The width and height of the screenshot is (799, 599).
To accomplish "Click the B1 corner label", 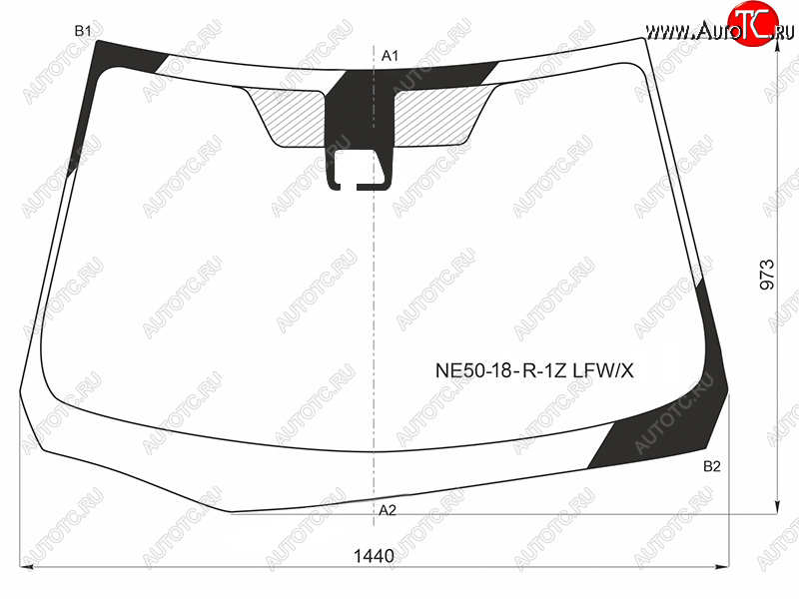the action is [83, 31].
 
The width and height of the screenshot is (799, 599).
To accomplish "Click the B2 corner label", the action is [712, 466].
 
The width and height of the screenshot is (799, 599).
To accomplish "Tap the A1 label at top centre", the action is [390, 56].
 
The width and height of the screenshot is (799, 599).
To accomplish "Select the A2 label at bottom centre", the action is [388, 510].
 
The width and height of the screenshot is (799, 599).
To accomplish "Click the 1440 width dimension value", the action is [374, 556].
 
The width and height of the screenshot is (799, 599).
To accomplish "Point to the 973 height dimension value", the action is [767, 276].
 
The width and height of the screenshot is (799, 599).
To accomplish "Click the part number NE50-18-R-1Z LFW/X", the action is [534, 370].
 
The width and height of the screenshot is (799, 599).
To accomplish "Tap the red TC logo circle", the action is [753, 23].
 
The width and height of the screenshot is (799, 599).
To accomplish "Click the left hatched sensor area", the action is [288, 116].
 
